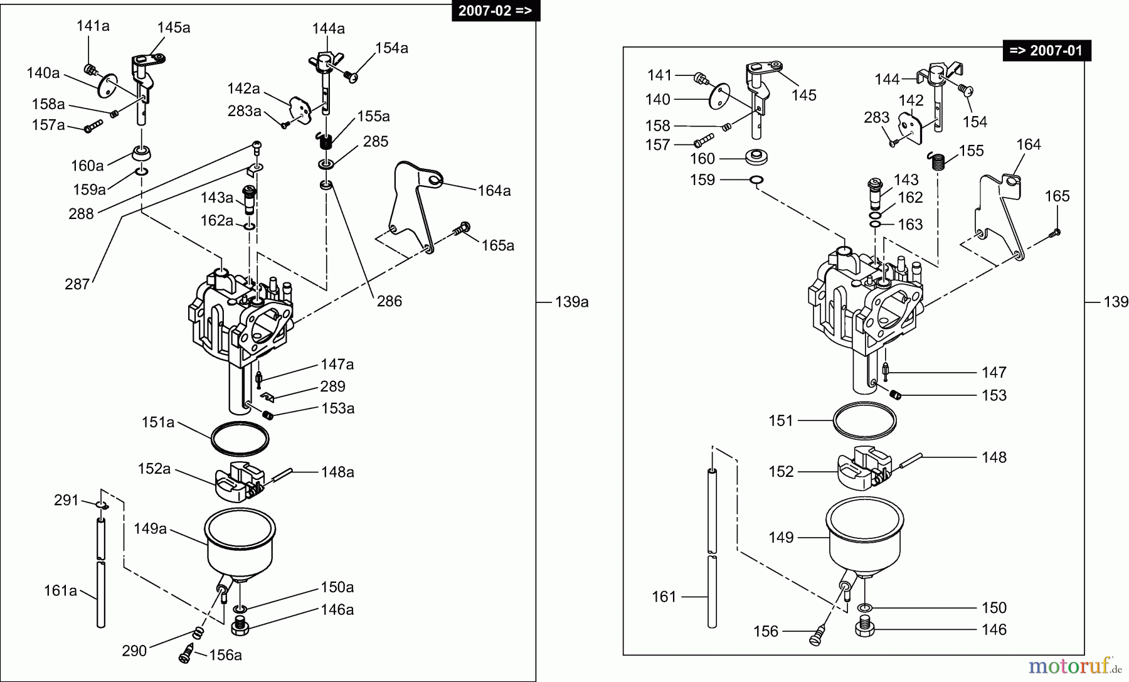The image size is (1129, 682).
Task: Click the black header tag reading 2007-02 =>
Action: pos(496,11)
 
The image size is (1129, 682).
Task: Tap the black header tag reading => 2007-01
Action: pos(1047,50)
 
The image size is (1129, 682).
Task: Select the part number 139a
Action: pos(571,302)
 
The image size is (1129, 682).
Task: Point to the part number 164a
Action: pos(494,190)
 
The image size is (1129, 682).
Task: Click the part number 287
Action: pos(77,284)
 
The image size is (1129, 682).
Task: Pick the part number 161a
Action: pos(60,590)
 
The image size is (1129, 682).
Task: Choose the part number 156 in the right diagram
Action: pos(766,631)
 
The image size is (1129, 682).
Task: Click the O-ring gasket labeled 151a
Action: pos(240,439)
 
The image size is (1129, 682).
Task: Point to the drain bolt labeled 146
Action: pos(865,627)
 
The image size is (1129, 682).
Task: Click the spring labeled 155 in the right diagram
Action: pos(938,161)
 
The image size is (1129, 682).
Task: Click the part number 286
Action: pos(389,301)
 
